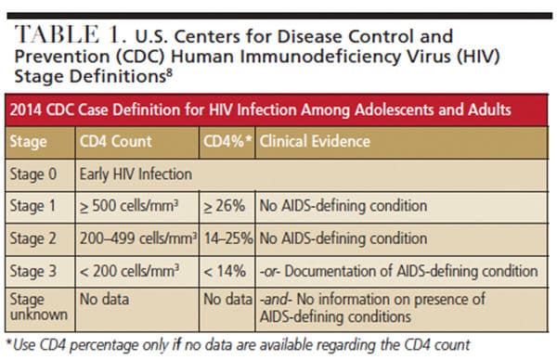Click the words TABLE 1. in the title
pyautogui.click(x=71, y=34)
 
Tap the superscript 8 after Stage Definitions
pyautogui.click(x=169, y=73)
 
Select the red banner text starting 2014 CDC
pyautogui.click(x=260, y=109)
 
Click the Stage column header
pyautogui.click(x=28, y=142)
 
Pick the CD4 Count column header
pyautogui.click(x=116, y=141)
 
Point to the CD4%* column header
pyautogui.click(x=227, y=141)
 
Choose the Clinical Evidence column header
pyautogui.click(x=315, y=141)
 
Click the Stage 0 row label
pyautogui.click(x=33, y=174)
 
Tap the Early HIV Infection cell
pyautogui.click(x=136, y=174)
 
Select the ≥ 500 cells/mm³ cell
pyautogui.click(x=129, y=206)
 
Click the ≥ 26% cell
pyautogui.click(x=224, y=206)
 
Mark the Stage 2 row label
pyautogui.click(x=32, y=238)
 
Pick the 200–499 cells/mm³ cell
pyautogui.click(x=138, y=238)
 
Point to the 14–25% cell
pyautogui.click(x=228, y=238)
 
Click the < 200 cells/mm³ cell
pyautogui.click(x=129, y=271)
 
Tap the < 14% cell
pyautogui.click(x=225, y=271)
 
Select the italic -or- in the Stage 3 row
pyautogui.click(x=270, y=272)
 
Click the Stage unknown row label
pyautogui.click(x=38, y=307)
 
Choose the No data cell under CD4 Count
pyautogui.click(x=104, y=300)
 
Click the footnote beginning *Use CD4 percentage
pyautogui.click(x=239, y=345)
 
